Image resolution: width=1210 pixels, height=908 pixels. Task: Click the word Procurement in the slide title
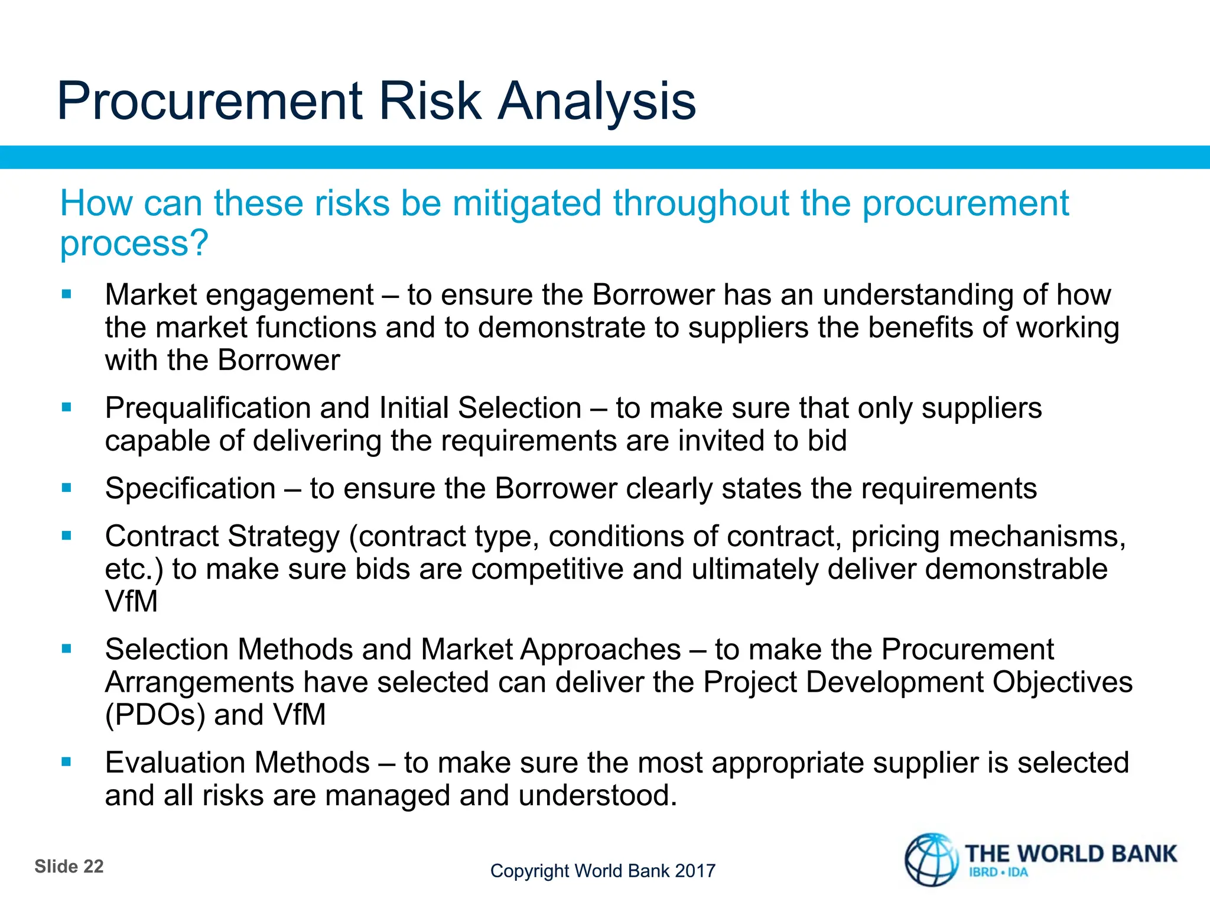coord(210,102)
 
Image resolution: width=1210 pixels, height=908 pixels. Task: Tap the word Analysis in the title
coord(597,102)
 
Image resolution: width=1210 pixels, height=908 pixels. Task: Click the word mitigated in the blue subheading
coord(527,203)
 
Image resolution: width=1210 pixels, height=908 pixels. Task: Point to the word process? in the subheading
coord(134,244)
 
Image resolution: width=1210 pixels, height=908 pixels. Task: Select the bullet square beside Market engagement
coord(66,294)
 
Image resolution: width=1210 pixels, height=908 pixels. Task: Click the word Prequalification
coord(207,408)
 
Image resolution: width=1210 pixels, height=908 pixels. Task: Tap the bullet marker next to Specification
coord(66,488)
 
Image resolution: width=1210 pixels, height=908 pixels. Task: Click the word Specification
coord(190,489)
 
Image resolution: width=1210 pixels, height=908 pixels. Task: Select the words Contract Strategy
coord(222,537)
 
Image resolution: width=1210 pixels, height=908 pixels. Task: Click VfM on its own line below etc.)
coord(131,602)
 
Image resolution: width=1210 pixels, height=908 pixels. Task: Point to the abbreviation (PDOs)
coord(155,715)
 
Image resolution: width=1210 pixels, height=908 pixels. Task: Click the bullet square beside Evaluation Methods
coord(66,762)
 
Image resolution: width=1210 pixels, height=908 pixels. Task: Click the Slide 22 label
coord(69,867)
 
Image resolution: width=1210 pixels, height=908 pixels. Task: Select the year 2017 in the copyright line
coord(695,871)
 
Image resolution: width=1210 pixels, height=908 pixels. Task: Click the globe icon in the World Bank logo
coord(932,860)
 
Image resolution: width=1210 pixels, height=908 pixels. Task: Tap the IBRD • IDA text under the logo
coord(998,873)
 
